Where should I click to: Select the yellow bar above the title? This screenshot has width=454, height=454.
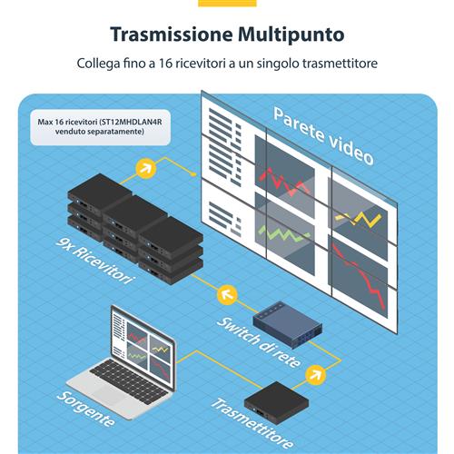coord(226,3)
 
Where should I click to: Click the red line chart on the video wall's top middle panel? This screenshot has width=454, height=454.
coord(288,181)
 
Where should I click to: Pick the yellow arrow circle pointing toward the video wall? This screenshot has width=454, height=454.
coord(144,168)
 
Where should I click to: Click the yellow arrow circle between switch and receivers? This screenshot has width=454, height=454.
coord(226,293)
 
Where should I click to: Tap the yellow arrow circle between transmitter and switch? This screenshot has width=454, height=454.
coord(316,371)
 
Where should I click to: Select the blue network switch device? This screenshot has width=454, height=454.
coord(286,320)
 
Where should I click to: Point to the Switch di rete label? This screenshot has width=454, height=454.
coord(253,340)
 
